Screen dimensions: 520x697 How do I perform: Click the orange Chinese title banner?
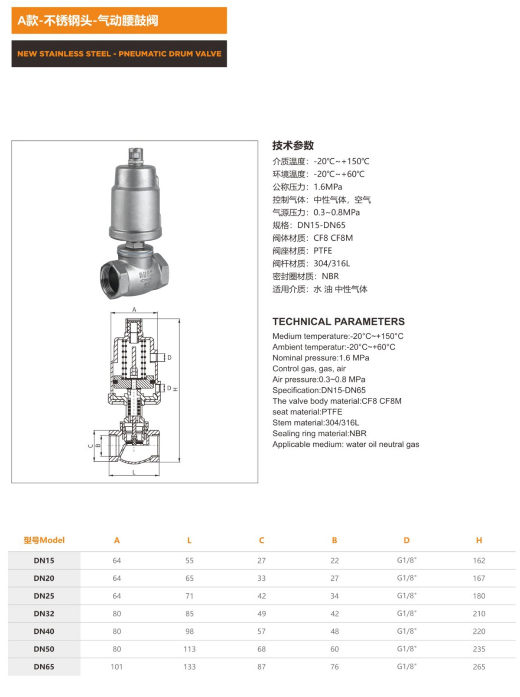pyautogui.click(x=119, y=20)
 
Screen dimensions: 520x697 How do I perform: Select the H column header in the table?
pyautogui.click(x=479, y=540)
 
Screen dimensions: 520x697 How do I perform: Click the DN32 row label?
pyautogui.click(x=44, y=613)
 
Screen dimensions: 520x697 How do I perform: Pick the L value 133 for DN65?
pyautogui.click(x=189, y=667)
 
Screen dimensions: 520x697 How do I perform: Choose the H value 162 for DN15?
pyautogui.click(x=479, y=560)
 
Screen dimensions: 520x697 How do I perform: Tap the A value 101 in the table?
pyautogui.click(x=117, y=667)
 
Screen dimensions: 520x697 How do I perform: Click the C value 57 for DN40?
pyautogui.click(x=261, y=631)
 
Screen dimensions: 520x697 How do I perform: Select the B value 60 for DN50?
pyautogui.click(x=335, y=649)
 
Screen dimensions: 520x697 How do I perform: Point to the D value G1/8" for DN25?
pyautogui.click(x=406, y=596)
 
